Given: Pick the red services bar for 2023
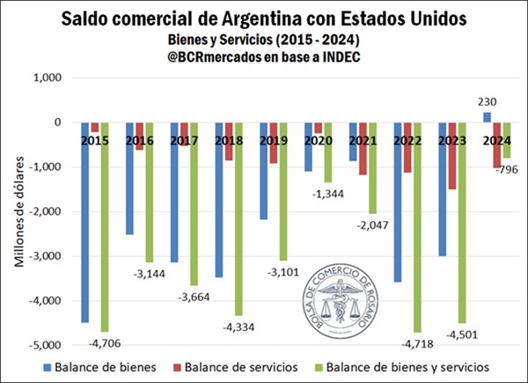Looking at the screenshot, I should (452, 158).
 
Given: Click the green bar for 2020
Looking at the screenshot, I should (329, 154).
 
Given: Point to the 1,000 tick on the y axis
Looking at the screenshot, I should (44, 78).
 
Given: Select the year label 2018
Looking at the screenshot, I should (228, 139).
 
